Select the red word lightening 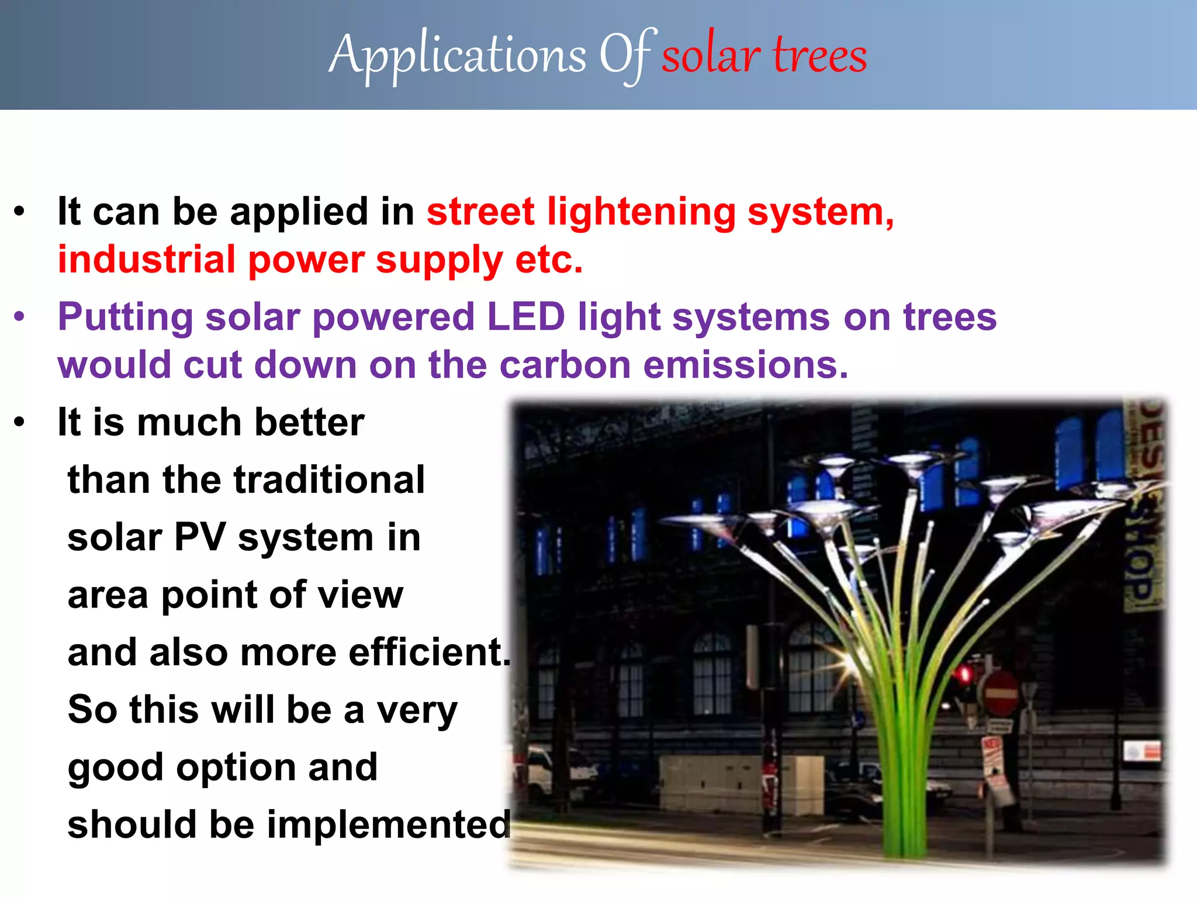click(641, 212)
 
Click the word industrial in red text click(146, 260)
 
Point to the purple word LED click(525, 317)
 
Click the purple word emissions click(745, 365)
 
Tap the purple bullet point click(20, 317)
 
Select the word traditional click(329, 480)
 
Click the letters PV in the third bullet click(199, 537)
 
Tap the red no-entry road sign click(1001, 695)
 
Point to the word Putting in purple click(125, 317)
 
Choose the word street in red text click(480, 212)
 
